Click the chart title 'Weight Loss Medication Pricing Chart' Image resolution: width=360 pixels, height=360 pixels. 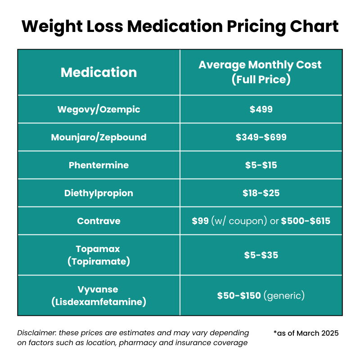pyautogui.click(x=180, y=26)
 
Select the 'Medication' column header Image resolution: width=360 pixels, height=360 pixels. pyautogui.click(x=99, y=72)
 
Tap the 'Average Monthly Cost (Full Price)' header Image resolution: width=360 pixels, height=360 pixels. pyautogui.click(x=261, y=72)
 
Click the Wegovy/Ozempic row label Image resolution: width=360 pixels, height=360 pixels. pyautogui.click(x=99, y=109)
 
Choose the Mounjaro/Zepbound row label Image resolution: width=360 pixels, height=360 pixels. pyautogui.click(x=99, y=137)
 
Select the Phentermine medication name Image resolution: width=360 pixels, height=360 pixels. pyautogui.click(x=99, y=165)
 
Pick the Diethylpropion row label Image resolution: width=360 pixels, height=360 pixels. pyautogui.click(x=99, y=193)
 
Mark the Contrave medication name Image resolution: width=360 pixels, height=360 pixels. pyautogui.click(x=99, y=221)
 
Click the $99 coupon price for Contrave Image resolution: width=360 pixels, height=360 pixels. pyautogui.click(x=200, y=221)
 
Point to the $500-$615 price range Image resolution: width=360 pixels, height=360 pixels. pyautogui.click(x=306, y=221)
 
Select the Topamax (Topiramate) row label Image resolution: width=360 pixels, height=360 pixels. pyautogui.click(x=99, y=255)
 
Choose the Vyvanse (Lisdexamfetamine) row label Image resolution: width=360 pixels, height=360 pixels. pyautogui.click(x=99, y=296)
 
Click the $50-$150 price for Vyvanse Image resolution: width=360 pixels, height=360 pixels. pyautogui.click(x=239, y=296)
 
